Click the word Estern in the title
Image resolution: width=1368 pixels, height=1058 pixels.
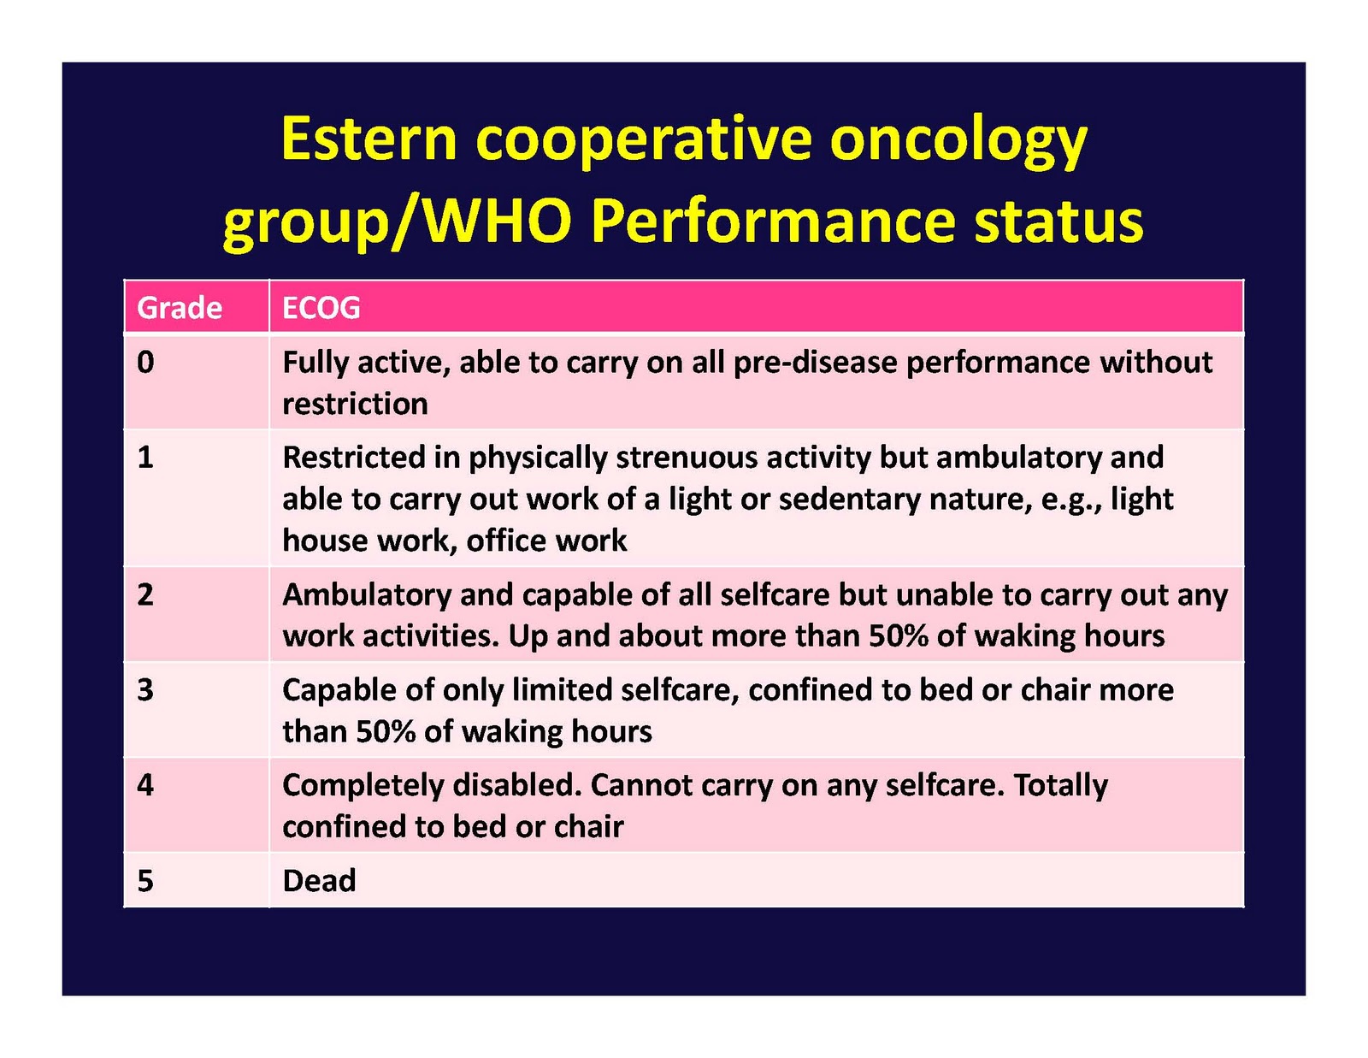(369, 139)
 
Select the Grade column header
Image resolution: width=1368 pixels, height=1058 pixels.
(180, 308)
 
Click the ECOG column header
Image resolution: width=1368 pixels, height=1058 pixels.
(321, 308)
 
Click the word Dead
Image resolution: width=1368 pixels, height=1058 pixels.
(319, 881)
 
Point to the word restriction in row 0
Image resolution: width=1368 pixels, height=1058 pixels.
(355, 404)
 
